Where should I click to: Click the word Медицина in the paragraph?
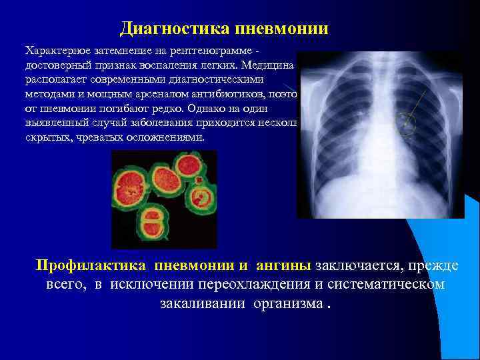tap(269, 65)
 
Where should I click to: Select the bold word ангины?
tap(281, 265)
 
